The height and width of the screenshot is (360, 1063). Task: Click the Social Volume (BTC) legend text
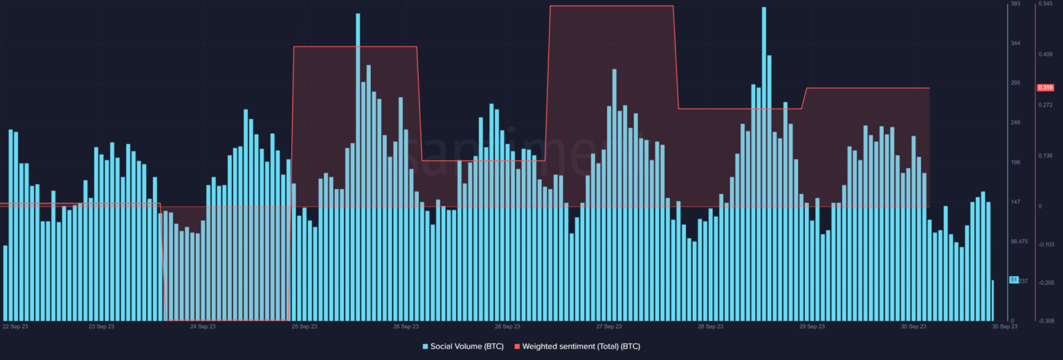point(462,345)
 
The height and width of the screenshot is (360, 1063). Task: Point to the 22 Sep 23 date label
point(15,326)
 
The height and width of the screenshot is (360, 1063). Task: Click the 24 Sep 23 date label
point(203,326)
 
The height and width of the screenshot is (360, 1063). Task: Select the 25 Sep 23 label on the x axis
point(305,326)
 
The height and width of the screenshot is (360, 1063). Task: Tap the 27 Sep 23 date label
point(608,326)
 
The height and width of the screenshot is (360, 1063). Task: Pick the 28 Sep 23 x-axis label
point(710,326)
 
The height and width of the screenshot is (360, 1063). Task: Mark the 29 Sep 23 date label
point(812,326)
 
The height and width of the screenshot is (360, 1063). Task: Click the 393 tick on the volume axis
point(1015,4)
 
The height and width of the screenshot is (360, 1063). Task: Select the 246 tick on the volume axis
point(1016,123)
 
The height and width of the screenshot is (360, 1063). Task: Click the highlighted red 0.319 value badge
point(1044,88)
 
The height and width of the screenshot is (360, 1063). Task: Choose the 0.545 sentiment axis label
point(1045,4)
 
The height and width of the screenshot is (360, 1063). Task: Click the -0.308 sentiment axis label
point(1045,321)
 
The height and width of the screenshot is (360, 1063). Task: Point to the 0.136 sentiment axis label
point(1045,156)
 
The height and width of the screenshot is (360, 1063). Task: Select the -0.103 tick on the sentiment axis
point(1045,244)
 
